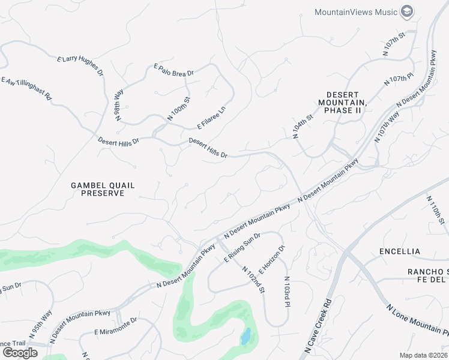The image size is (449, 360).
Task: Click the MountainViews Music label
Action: click(x=356, y=12)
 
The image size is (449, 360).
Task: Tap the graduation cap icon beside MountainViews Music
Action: click(x=408, y=12)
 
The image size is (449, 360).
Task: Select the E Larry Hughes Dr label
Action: click(x=81, y=65)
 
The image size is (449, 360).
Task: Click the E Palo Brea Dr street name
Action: click(x=174, y=71)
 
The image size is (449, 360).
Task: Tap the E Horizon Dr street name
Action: click(x=272, y=259)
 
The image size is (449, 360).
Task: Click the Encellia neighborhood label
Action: click(x=400, y=251)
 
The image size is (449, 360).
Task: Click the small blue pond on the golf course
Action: click(x=246, y=337)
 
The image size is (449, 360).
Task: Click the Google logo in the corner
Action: click(x=19, y=353)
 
